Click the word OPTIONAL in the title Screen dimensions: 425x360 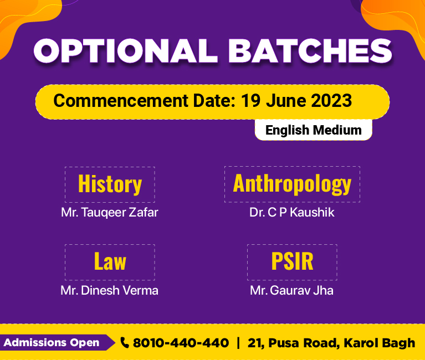click(x=126, y=50)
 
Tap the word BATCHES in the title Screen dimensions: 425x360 click(x=310, y=50)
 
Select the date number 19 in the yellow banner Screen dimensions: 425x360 click(x=250, y=100)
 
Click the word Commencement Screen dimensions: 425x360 click(x=121, y=100)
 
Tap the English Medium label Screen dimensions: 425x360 click(x=313, y=130)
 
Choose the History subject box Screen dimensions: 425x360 click(x=110, y=184)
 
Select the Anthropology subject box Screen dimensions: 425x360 click(x=292, y=184)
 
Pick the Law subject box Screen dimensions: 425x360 click(x=110, y=262)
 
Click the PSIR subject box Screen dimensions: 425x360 click(x=292, y=262)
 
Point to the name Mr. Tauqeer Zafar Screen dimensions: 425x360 click(x=110, y=213)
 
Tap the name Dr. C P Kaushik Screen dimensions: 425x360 click(x=292, y=212)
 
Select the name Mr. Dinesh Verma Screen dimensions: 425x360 click(x=110, y=290)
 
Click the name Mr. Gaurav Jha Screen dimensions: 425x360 click(x=291, y=290)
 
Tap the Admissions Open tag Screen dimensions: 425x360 click(x=58, y=343)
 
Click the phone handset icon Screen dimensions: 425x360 click(x=125, y=342)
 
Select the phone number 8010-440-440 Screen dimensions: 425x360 click(x=181, y=343)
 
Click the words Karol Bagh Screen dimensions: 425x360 click(x=380, y=343)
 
